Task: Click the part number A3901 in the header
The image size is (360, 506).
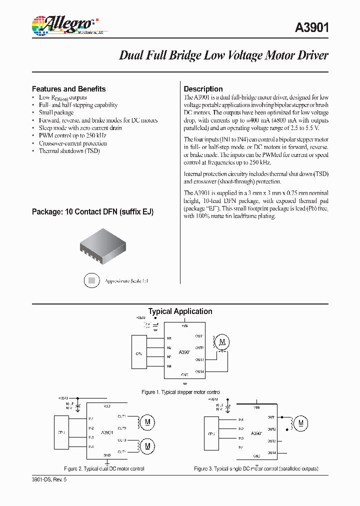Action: (x=311, y=28)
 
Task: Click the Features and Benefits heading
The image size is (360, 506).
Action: (x=69, y=89)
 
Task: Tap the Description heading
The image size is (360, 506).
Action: (x=203, y=89)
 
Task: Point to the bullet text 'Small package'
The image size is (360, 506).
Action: (x=56, y=112)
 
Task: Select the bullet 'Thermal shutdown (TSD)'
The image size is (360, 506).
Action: (x=69, y=150)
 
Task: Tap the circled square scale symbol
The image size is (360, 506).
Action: (x=91, y=281)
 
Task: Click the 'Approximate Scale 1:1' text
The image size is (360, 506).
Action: (x=126, y=281)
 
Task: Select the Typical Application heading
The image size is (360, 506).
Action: (x=180, y=311)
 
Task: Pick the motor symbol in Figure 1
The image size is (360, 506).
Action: (x=223, y=342)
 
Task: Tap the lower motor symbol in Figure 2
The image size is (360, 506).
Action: (x=147, y=445)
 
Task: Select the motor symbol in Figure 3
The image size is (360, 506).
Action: (x=300, y=423)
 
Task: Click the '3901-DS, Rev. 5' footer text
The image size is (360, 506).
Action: (x=49, y=479)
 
